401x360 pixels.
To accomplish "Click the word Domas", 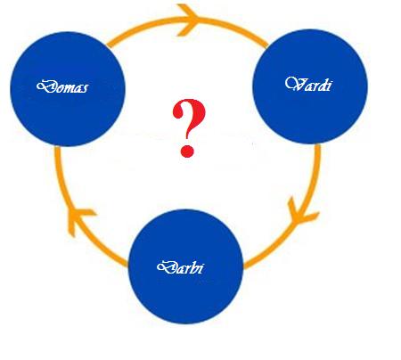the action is (x=62, y=86).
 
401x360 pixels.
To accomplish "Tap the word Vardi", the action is (x=308, y=84).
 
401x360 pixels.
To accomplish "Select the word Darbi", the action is (x=180, y=267).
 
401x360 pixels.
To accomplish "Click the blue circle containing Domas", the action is (x=68, y=89).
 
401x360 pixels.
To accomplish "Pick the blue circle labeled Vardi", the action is (x=310, y=86).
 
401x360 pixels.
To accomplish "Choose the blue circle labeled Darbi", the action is (x=185, y=266).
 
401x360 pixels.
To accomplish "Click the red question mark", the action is (x=189, y=128).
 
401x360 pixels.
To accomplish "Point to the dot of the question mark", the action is (x=187, y=151).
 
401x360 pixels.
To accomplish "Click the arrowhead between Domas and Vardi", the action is (x=188, y=20).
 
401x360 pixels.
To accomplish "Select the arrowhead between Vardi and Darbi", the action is (x=300, y=212).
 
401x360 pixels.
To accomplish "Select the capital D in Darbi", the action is (x=166, y=267).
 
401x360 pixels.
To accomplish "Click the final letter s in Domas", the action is (x=85, y=89).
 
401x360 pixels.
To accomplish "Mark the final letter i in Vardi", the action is (x=329, y=85).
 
